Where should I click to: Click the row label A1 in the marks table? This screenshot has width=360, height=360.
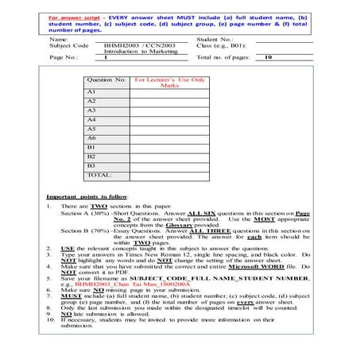pos(91,92)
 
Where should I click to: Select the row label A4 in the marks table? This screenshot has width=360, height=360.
pos(91,119)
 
